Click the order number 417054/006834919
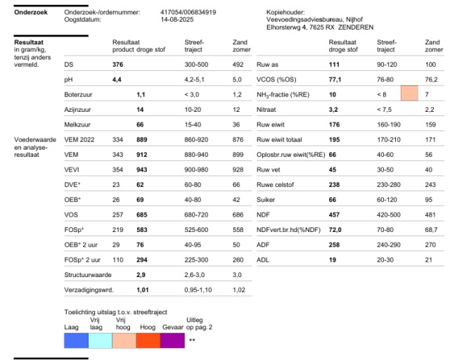(x=188, y=13)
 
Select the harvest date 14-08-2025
(x=177, y=20)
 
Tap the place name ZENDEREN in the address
(x=356, y=27)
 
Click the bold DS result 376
(x=117, y=64)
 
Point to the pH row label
(x=68, y=79)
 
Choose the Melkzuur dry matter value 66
(x=140, y=124)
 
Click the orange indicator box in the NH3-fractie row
(x=409, y=93)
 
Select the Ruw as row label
(x=267, y=65)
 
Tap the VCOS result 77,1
(x=335, y=79)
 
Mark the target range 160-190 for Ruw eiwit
(x=389, y=124)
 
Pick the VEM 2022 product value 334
(x=117, y=139)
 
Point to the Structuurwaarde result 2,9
(x=141, y=275)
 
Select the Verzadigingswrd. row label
(x=89, y=290)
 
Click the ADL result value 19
(x=333, y=260)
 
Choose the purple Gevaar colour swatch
(x=172, y=340)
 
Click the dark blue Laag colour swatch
(x=77, y=340)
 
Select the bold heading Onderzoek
(x=31, y=13)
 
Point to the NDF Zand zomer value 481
(x=430, y=214)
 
